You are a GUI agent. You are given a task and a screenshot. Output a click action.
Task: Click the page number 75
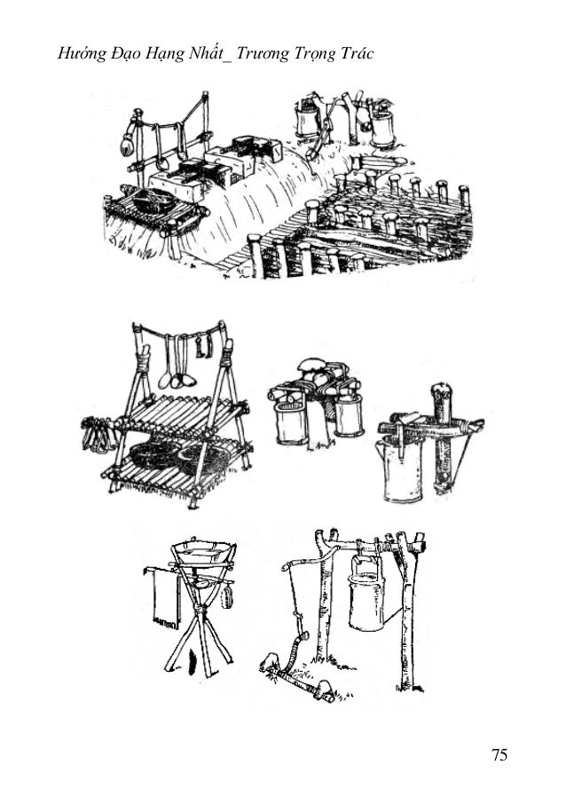click(x=499, y=755)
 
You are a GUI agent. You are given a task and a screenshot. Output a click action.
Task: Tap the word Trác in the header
click(x=357, y=53)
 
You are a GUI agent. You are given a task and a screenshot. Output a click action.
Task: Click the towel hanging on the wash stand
click(x=163, y=598)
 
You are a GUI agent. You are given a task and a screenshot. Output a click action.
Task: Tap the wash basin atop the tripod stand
click(x=203, y=552)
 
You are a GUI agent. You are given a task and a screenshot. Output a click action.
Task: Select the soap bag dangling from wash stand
click(x=226, y=597)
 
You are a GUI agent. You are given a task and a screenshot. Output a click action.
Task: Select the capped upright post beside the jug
click(x=443, y=436)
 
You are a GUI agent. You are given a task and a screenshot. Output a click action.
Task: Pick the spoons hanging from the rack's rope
click(x=176, y=362)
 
